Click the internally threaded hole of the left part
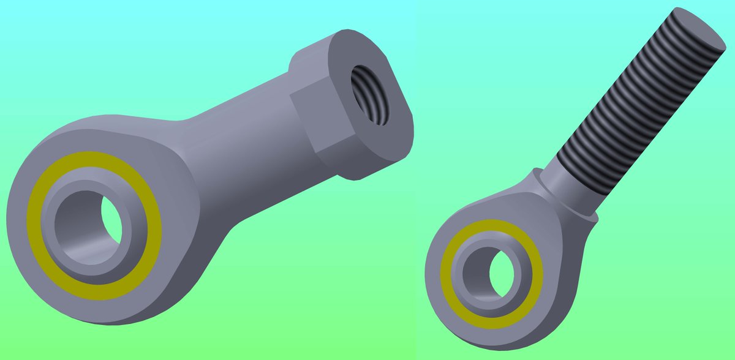click(370, 95)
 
